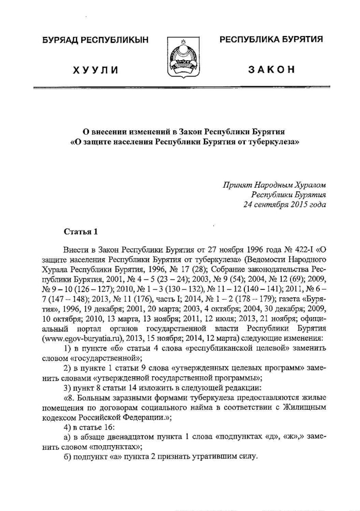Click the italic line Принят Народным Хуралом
275,185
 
